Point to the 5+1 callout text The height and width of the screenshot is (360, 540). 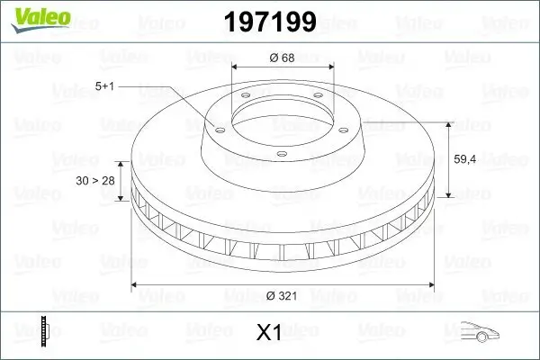point(105,87)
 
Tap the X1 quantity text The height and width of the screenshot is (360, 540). point(269,332)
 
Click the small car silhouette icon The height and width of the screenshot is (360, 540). point(477,331)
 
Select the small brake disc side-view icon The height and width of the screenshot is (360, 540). point(44,330)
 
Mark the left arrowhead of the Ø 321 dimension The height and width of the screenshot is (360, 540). point(136,285)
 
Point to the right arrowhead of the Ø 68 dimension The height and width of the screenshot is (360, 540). point(330,67)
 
